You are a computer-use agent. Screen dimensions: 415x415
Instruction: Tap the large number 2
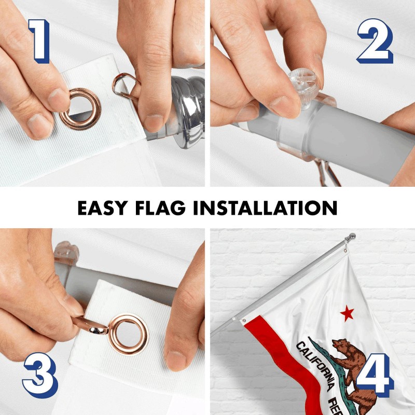[374, 41]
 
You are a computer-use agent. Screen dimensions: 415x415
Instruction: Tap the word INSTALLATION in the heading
[275, 208]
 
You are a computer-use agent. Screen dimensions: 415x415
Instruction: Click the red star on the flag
[347, 313]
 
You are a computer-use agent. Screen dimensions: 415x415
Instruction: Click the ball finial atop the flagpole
[353, 237]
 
